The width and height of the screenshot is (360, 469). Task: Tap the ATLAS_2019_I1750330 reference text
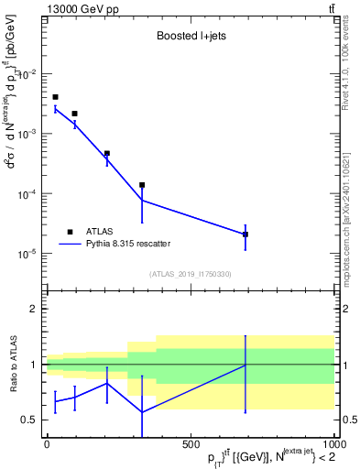coord(190,274)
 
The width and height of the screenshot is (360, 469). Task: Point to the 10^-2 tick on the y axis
coord(28,74)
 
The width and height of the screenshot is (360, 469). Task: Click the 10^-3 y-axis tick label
coord(28,134)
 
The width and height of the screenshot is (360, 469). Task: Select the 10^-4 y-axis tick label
coord(28,194)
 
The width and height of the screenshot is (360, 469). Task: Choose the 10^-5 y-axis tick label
coord(28,254)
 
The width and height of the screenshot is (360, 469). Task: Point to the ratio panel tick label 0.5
coord(31,420)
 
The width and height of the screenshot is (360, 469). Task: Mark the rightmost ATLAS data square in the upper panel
coord(245,234)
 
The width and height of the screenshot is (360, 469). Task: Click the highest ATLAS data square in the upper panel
coord(55,97)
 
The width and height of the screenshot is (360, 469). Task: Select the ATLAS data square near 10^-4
coord(142,185)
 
